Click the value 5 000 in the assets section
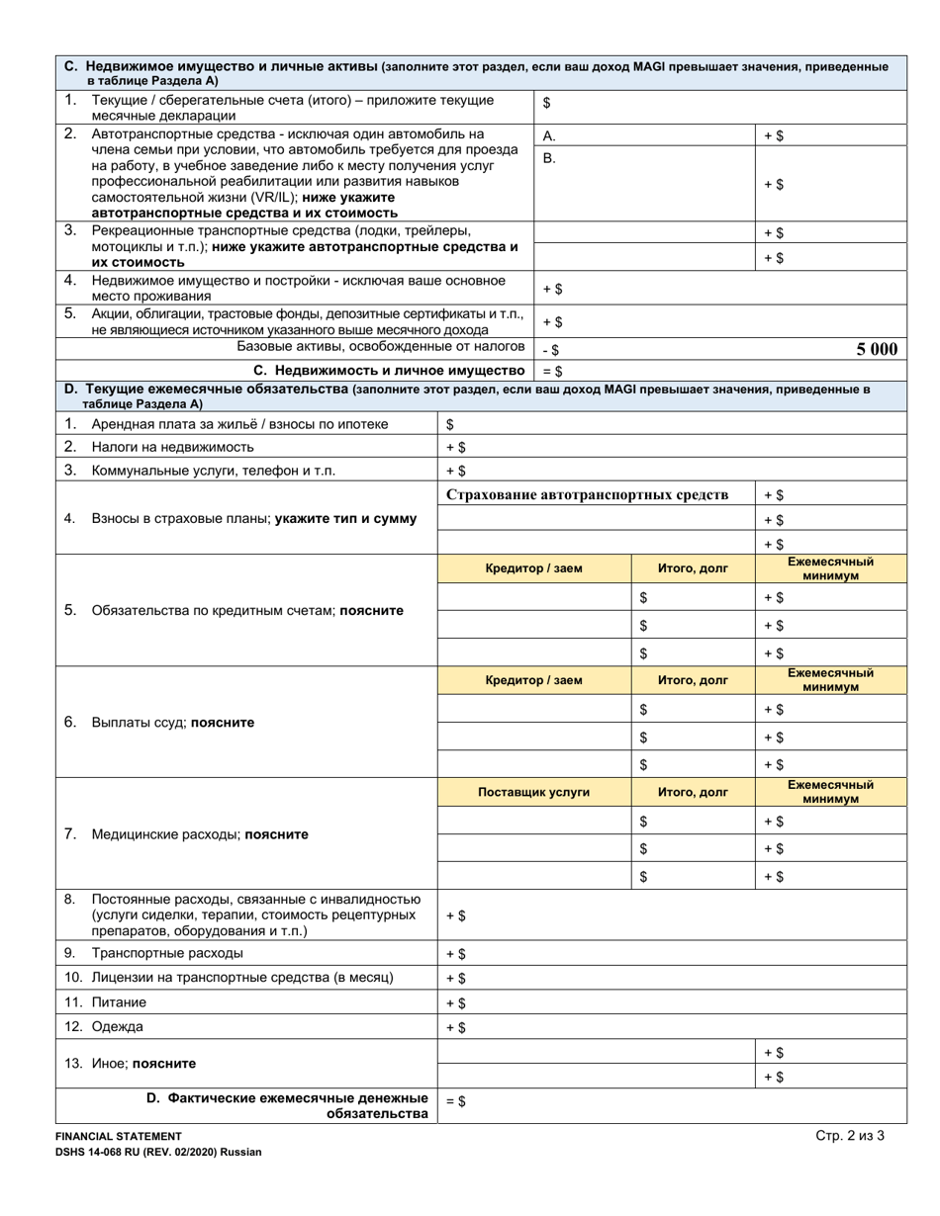pyautogui.click(x=877, y=348)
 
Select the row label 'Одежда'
pyautogui.click(x=117, y=1026)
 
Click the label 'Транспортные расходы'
pyautogui.click(x=166, y=954)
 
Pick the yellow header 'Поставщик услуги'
pyautogui.click(x=533, y=792)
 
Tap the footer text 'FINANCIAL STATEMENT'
pyautogui.click(x=118, y=1138)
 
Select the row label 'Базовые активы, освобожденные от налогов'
pyautogui.click(x=380, y=347)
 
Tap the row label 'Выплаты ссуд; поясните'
pyautogui.click(x=172, y=723)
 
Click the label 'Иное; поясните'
pyautogui.click(x=142, y=1064)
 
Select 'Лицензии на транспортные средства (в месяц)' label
pyautogui.click(x=242, y=979)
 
